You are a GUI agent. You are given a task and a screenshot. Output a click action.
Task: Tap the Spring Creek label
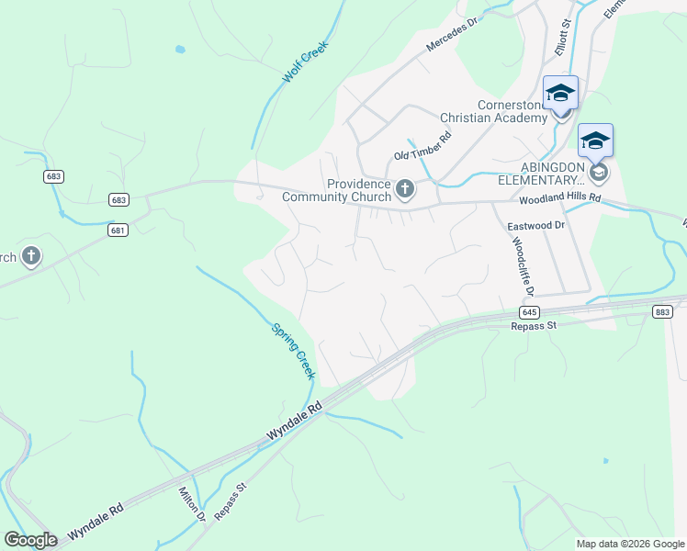tap(293, 350)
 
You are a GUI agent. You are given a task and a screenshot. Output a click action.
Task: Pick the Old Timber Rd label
tap(422, 145)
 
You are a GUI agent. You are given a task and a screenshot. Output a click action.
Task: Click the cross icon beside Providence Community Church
tap(405, 190)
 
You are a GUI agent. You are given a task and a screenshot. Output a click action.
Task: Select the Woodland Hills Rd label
tap(559, 198)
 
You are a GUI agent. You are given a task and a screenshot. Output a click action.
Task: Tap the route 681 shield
tap(117, 230)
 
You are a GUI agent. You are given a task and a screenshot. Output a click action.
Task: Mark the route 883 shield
tap(661, 312)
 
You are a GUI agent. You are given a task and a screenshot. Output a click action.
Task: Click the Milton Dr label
tap(193, 503)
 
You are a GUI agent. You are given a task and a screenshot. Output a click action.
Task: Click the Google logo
tap(30, 540)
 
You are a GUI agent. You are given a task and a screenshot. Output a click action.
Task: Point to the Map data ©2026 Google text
tap(630, 544)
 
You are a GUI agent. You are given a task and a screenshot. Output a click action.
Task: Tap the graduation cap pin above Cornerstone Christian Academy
tap(560, 94)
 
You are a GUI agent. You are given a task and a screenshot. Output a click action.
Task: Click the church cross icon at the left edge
tap(31, 256)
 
